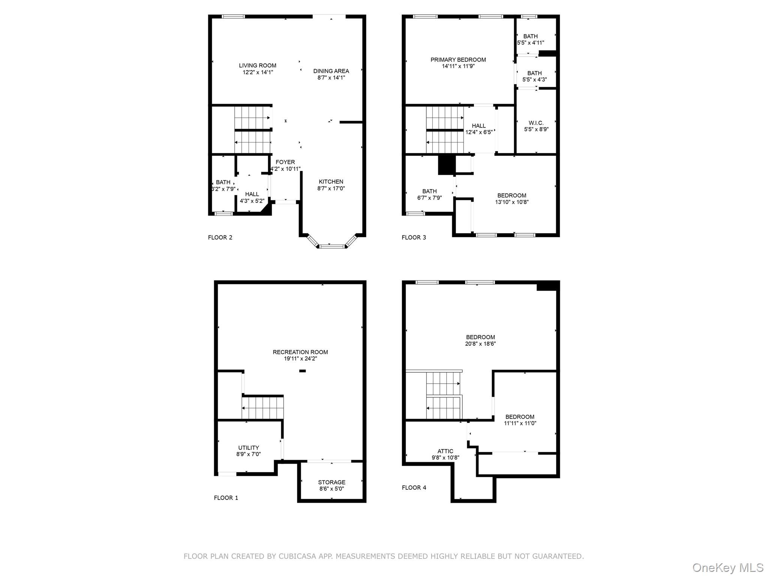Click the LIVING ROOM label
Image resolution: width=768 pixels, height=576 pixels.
[258, 66]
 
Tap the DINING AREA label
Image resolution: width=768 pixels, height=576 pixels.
[331, 71]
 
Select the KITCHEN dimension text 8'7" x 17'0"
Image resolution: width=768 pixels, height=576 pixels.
[331, 189]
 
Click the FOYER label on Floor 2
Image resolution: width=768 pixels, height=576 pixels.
[285, 162]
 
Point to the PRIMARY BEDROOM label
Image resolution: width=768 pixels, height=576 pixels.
[458, 60]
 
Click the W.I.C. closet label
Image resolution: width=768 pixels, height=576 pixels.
[536, 123]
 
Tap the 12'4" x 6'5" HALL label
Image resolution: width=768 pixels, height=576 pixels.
[479, 129]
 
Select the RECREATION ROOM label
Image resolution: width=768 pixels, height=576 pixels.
[300, 352]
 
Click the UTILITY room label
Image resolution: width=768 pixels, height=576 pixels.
[249, 448]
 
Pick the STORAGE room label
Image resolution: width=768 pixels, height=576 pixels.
[331, 482]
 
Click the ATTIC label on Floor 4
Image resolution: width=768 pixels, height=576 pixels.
[445, 451]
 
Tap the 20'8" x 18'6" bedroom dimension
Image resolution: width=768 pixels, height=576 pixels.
[480, 343]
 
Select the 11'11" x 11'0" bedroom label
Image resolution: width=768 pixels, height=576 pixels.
[520, 420]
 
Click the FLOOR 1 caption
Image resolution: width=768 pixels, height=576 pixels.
[226, 498]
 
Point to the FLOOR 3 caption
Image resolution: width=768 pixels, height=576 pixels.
[414, 237]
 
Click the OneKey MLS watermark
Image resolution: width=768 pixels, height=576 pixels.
[727, 568]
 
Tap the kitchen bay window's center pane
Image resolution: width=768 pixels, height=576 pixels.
[331, 246]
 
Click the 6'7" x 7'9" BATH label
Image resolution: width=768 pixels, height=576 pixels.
[429, 194]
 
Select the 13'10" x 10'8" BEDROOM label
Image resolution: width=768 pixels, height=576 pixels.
[511, 199]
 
